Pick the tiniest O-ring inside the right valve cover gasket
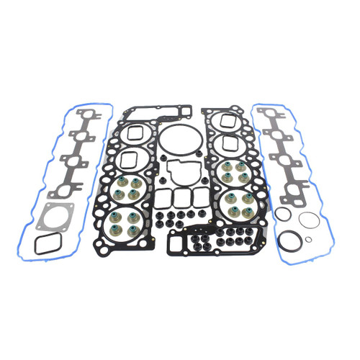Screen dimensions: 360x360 click(x=308, y=240)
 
